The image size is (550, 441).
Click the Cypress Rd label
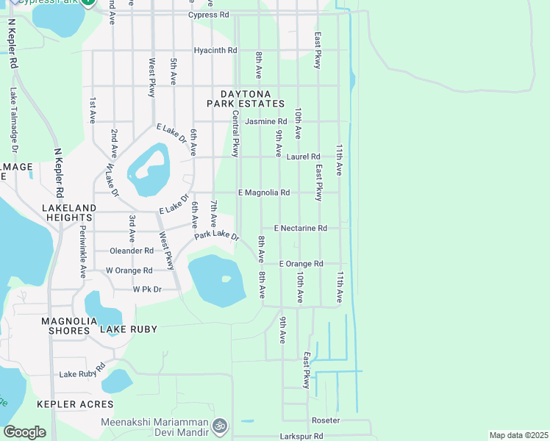coord(208,15)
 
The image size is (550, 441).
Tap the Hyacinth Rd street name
coord(215,51)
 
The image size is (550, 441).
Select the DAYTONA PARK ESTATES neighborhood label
coord(246,99)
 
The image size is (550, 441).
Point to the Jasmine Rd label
coord(266,121)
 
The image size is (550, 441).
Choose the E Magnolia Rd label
coord(264,193)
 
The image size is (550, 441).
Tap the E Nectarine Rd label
coord(300,229)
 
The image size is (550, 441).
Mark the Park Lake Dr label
coord(217,236)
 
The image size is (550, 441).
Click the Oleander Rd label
coord(131,251)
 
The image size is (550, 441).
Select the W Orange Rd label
coord(129,270)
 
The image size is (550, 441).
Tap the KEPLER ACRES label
coord(76,404)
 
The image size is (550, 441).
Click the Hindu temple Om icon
coord(218,426)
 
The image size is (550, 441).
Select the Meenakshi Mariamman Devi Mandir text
coord(154,426)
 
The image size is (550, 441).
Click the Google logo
coord(25,432)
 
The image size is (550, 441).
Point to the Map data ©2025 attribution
coord(518,435)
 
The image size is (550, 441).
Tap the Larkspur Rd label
coord(301,436)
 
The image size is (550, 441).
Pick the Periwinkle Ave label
coord(82,250)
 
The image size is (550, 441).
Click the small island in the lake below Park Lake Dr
coord(226,279)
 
